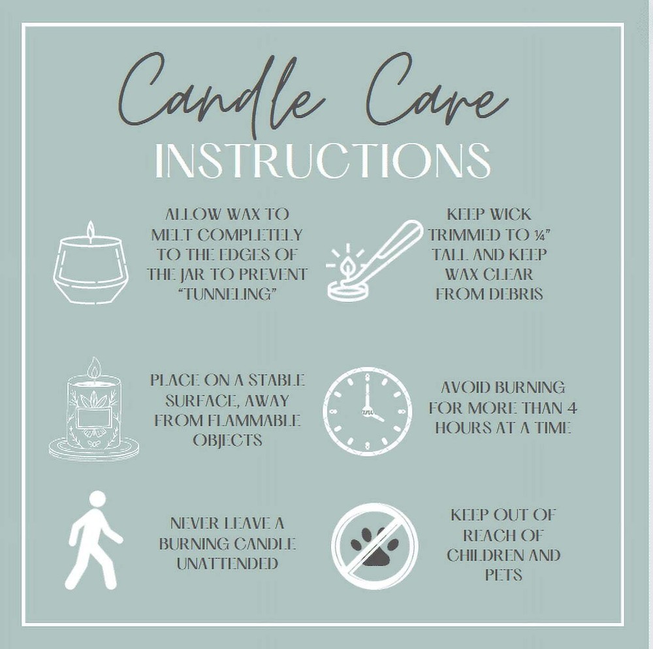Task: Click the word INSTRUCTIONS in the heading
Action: (x=323, y=160)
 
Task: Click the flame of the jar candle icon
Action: (x=90, y=230)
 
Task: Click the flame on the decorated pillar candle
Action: (x=95, y=367)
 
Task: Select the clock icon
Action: (x=367, y=411)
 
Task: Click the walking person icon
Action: (x=94, y=540)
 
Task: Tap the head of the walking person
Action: (x=97, y=499)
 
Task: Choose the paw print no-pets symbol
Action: (x=374, y=546)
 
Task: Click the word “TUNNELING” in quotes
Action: (x=227, y=295)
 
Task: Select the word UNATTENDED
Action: (x=227, y=564)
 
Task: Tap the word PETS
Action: (x=503, y=575)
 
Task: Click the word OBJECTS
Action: (x=227, y=440)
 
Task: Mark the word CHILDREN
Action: (x=479, y=555)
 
